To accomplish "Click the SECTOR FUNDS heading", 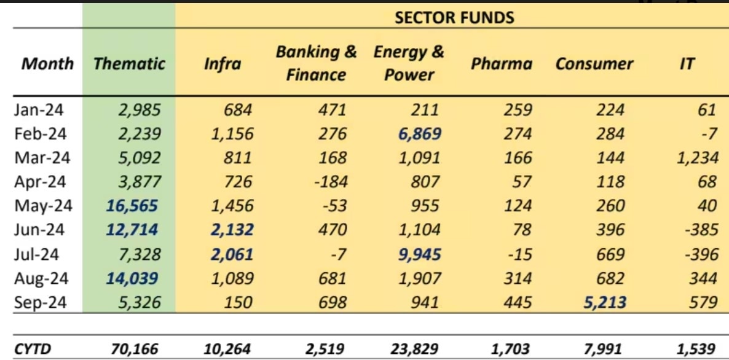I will click(454, 17).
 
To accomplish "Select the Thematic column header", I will click(130, 64).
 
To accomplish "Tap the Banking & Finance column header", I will click(316, 64).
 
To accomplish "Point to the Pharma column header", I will click(502, 64).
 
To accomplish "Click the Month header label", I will click(48, 64).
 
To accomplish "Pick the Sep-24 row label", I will click(41, 302).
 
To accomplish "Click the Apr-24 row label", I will click(40, 182).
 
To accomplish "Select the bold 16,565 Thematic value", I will click(133, 206).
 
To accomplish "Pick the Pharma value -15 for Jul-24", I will click(519, 254).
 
